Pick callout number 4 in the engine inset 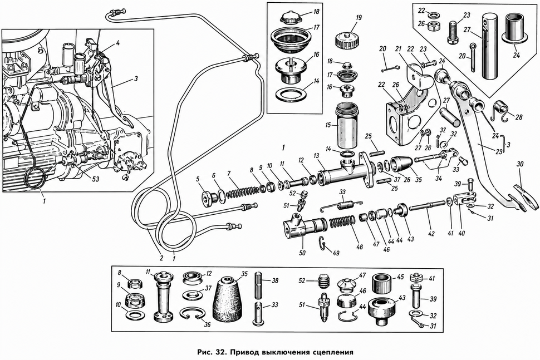[118, 43]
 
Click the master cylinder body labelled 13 [345, 171]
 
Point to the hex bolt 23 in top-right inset [453, 32]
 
